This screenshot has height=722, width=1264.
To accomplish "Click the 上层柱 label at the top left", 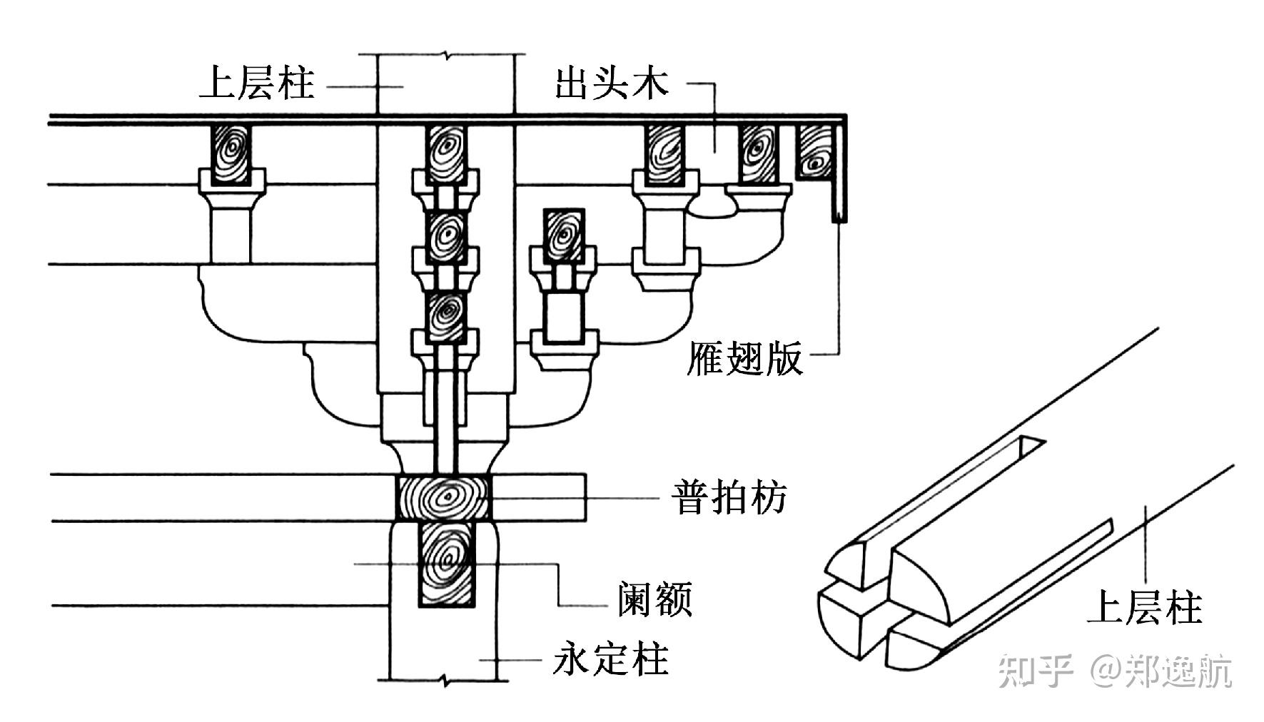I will tap(256, 83).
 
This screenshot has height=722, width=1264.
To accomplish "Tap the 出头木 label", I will tap(612, 83).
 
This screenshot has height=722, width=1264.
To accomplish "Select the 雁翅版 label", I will tap(744, 358).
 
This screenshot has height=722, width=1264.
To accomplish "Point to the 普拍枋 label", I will tap(729, 497).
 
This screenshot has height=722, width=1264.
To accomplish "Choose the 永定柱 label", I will tap(611, 659).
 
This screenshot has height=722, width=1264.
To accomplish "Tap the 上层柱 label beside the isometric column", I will tap(1144, 608).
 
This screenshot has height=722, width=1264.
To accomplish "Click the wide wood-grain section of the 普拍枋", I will tap(444, 497).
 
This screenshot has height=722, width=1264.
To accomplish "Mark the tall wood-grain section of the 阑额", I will tap(446, 564).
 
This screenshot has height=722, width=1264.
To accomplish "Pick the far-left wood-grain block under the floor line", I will tap(231, 154).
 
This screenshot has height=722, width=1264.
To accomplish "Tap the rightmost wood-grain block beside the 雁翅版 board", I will tap(814, 153).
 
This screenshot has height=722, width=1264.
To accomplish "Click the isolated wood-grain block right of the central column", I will tap(564, 235).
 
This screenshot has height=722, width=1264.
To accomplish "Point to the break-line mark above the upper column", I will tap(446, 55).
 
